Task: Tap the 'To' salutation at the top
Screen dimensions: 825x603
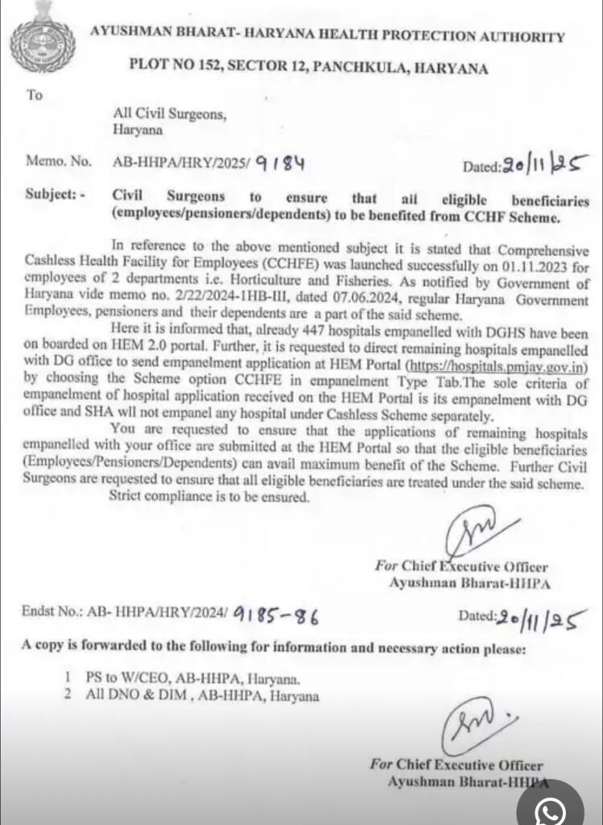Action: tap(34, 95)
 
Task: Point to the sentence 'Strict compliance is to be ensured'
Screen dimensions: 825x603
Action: tap(209, 497)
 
